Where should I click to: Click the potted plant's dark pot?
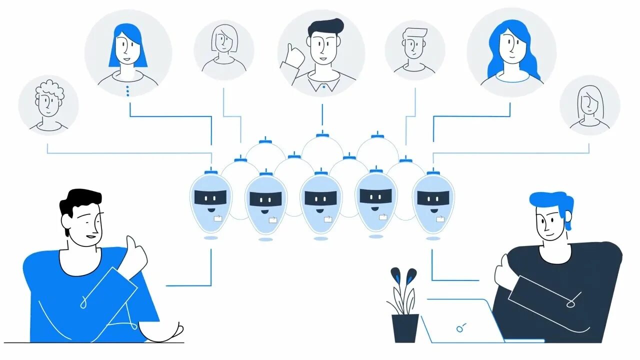click(x=405, y=327)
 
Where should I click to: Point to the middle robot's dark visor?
click(x=320, y=198)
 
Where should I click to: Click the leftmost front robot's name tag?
click(x=218, y=218)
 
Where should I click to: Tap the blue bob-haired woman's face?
click(x=127, y=49)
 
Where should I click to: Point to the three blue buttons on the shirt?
click(x=127, y=90)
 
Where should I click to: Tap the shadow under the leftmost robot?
click(x=211, y=238)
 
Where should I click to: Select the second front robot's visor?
click(x=265, y=198)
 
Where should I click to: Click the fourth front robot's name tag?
click(x=382, y=217)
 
